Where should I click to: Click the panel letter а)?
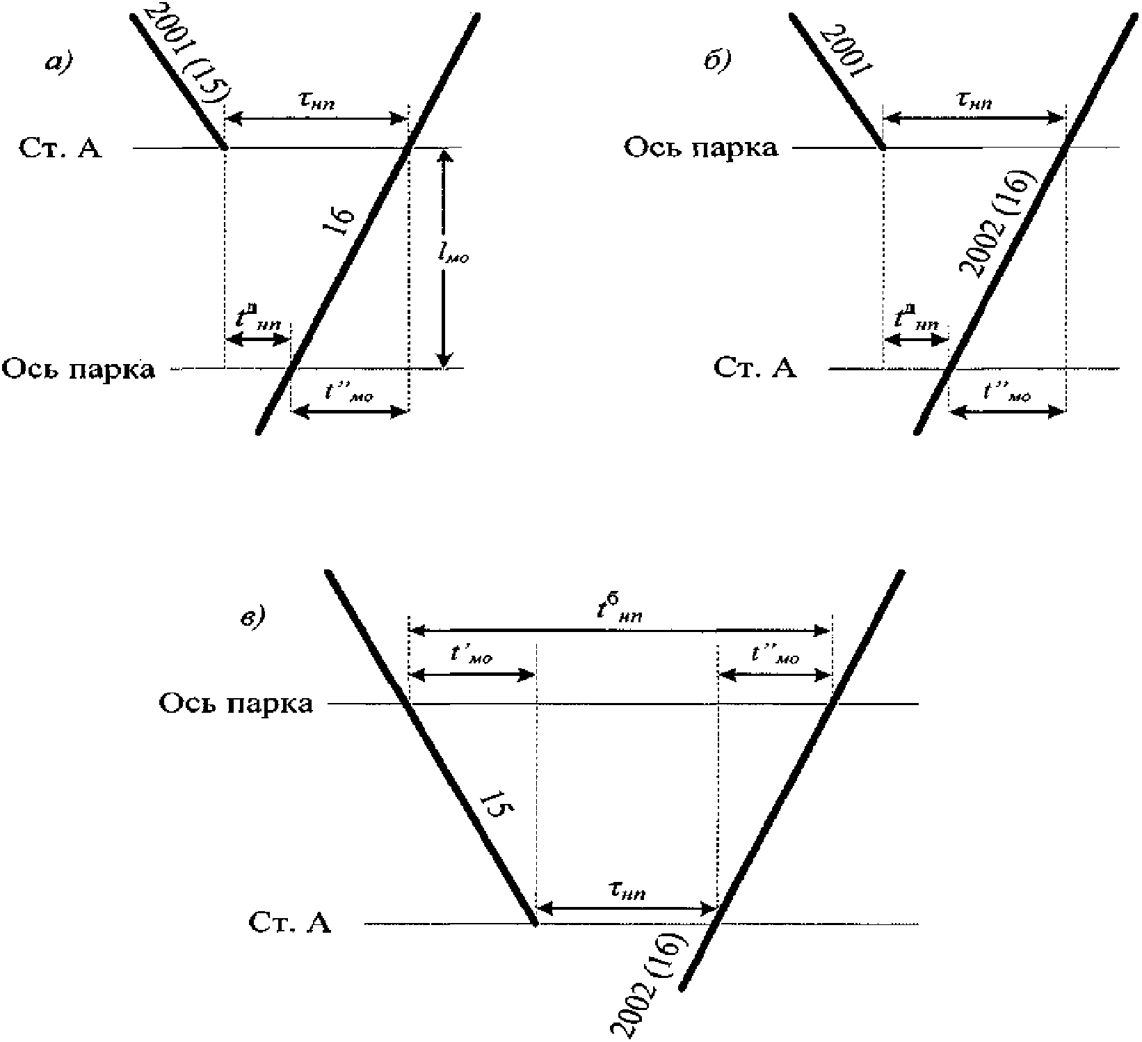pyautogui.click(x=58, y=63)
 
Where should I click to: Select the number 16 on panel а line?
pyautogui.click(x=342, y=222)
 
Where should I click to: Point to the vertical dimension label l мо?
pyautogui.click(x=453, y=256)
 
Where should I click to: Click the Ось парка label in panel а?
pyautogui.click(x=79, y=369)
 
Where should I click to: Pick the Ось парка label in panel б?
pyautogui.click(x=700, y=148)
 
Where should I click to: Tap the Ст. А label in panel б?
pyautogui.click(x=755, y=368)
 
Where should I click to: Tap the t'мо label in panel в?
pyautogui.click(x=472, y=656)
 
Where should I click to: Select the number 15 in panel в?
pyautogui.click(x=497, y=810)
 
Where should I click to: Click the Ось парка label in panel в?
pyautogui.click(x=236, y=704)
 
